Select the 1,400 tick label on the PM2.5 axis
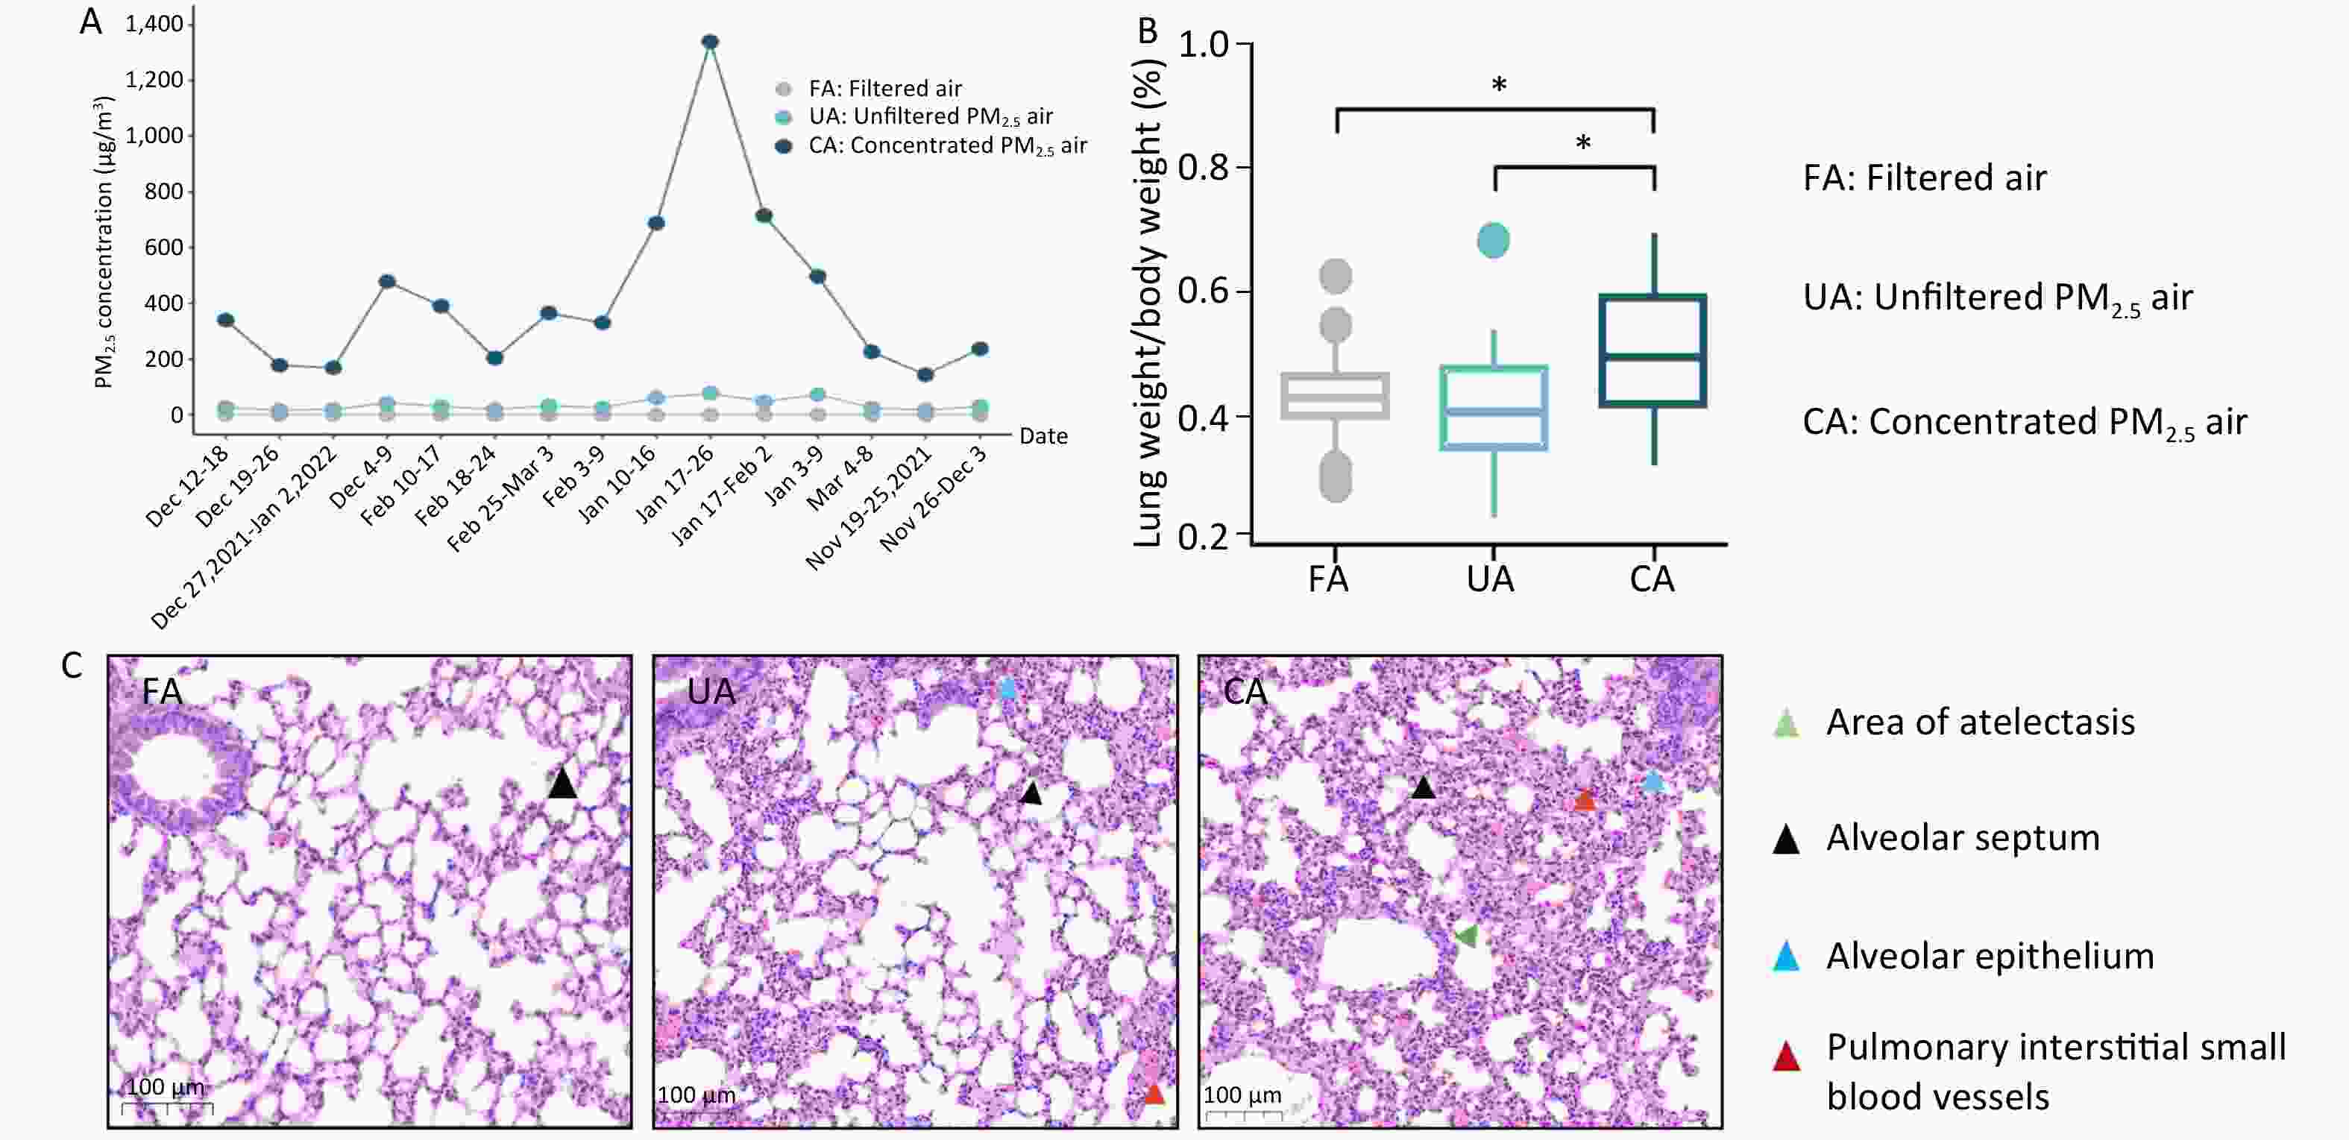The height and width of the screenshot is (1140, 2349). coord(154,25)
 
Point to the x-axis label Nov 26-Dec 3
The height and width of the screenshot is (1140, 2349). coord(934,499)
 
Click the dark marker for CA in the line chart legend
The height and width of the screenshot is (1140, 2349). coord(783,147)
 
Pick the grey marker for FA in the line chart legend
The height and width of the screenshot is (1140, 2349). coord(783,89)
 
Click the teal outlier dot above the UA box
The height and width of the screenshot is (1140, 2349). coord(1493,241)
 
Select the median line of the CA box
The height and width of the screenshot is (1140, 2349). coord(1653,356)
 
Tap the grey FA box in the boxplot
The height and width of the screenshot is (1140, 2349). coord(1335,396)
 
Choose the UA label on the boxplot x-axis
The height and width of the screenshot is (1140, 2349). coord(1491,579)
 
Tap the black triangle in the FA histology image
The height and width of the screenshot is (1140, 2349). coord(562,784)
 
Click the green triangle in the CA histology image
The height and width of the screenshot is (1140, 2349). coord(1466,935)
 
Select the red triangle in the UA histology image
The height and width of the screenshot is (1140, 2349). coord(1154,1092)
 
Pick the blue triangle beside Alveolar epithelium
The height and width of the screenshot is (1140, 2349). coord(1785,957)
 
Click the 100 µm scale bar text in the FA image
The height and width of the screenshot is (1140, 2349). coord(165,1087)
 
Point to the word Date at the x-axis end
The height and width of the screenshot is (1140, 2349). coord(1043,436)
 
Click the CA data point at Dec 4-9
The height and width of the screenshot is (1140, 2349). coord(386,281)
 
